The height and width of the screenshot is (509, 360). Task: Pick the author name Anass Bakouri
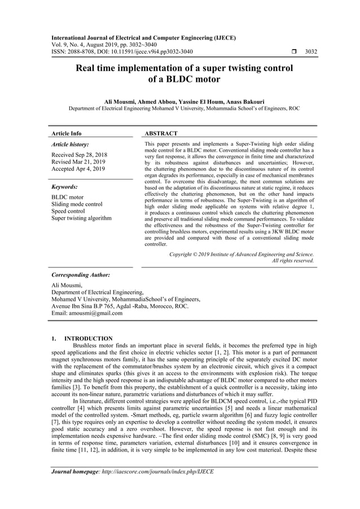(x=238, y=100)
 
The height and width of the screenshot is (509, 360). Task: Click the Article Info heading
(x=66, y=134)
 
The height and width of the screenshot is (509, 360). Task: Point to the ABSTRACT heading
(x=161, y=134)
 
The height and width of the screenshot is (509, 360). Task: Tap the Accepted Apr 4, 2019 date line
(x=79, y=169)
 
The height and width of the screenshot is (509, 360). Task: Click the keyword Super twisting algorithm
(x=81, y=218)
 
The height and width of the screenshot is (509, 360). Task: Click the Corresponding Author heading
(x=80, y=275)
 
